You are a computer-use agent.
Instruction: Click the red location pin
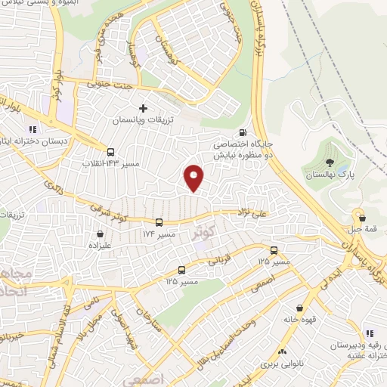(x=194, y=177)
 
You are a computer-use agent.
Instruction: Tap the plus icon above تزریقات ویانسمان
(x=143, y=108)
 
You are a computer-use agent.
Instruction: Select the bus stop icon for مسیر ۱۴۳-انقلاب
(x=111, y=151)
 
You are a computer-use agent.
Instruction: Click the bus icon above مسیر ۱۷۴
(x=159, y=222)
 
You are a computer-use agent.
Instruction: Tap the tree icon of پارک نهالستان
(x=330, y=161)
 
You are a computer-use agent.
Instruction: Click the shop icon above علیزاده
(x=100, y=234)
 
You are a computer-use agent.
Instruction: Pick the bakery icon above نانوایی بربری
(x=281, y=351)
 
